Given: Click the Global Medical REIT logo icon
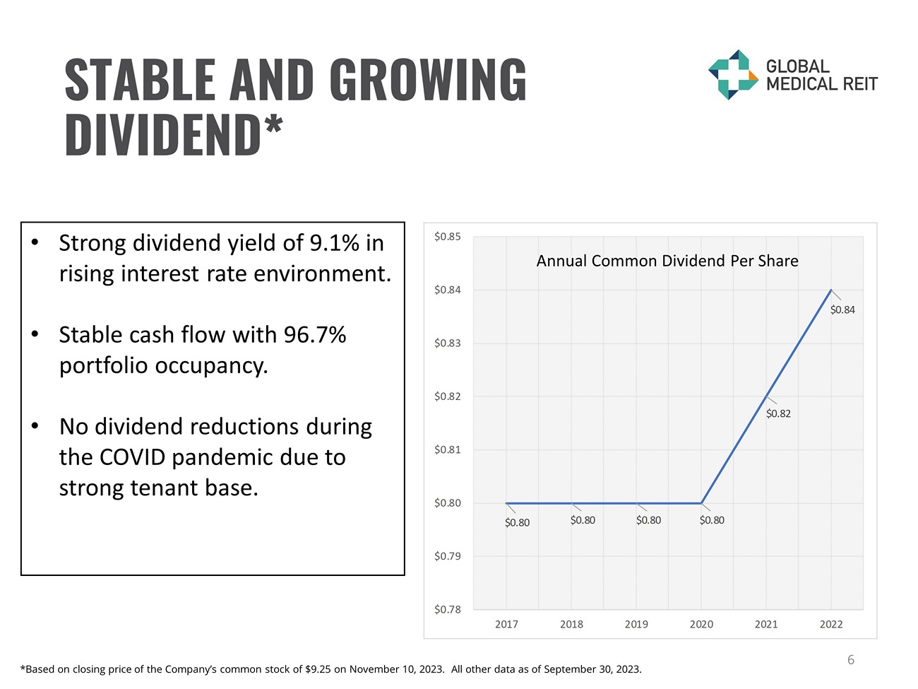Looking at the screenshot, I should click(733, 74).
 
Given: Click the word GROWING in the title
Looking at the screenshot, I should click(428, 79).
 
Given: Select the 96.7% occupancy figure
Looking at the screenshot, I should click(315, 335).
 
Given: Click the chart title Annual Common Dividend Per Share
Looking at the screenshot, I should click(667, 261).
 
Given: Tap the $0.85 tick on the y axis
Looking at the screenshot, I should click(447, 237).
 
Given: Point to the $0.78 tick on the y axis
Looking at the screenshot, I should click(447, 609).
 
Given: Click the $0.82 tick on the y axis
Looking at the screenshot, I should click(447, 396).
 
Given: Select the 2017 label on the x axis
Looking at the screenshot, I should click(506, 624).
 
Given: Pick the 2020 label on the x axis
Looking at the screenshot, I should click(701, 624).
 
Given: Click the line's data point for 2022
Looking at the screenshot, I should click(831, 290).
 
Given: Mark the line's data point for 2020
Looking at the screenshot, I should click(701, 503).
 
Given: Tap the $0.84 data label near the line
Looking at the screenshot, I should click(842, 310).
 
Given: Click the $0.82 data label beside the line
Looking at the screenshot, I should click(778, 413).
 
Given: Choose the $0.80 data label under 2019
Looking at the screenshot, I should click(648, 520).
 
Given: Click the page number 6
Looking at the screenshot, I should click(851, 659).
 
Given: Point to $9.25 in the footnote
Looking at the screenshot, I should click(318, 669).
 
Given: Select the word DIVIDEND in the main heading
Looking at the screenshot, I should click(163, 134).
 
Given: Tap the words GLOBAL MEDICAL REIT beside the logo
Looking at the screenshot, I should click(821, 76).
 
